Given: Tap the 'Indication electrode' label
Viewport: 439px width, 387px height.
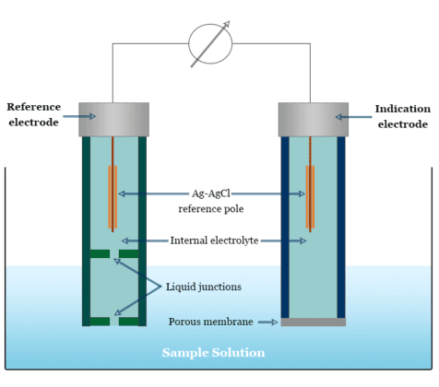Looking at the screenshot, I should click(402, 116).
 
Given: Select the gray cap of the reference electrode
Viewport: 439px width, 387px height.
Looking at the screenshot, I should click(113, 119).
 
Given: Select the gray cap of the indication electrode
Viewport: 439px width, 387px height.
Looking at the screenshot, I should click(313, 119).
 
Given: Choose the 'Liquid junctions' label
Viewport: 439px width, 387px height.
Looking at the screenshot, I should click(204, 287).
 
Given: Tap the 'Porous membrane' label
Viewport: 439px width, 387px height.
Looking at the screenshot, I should click(210, 322).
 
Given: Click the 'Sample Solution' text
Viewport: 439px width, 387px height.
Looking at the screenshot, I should click(213, 353).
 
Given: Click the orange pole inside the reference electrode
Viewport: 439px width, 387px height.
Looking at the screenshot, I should click(113, 195).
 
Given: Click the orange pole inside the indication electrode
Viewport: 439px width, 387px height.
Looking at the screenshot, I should click(310, 195).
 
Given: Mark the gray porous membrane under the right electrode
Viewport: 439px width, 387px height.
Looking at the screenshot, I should click(313, 322).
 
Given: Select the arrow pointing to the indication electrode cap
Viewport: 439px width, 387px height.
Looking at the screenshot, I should click(351, 117).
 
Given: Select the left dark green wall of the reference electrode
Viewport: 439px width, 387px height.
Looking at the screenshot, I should click(86, 230).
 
